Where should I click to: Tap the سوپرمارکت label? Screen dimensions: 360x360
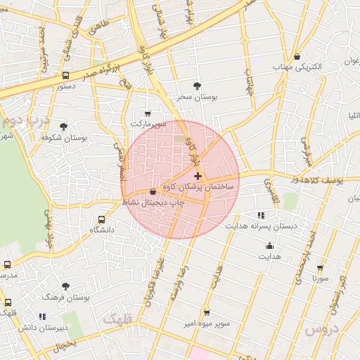pos(148,124)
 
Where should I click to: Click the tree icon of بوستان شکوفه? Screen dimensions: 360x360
pos(64,127)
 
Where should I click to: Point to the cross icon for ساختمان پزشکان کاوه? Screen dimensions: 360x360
pos(197,175)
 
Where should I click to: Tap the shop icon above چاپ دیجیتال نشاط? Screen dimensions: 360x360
pos(153,191)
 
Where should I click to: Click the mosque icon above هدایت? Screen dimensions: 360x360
pos(269,245)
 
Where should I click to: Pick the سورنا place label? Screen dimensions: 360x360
pos(321,279)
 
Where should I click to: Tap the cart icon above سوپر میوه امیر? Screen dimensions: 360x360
pos(206,312)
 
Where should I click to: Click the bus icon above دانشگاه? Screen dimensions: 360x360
pos(102,219)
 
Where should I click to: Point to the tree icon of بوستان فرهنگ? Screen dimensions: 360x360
pos(65,286)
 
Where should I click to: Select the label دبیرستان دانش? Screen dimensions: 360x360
pos(43,328)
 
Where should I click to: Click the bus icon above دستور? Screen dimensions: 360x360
pos(65,75)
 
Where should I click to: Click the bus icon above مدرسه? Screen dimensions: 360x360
pos(8,265)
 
